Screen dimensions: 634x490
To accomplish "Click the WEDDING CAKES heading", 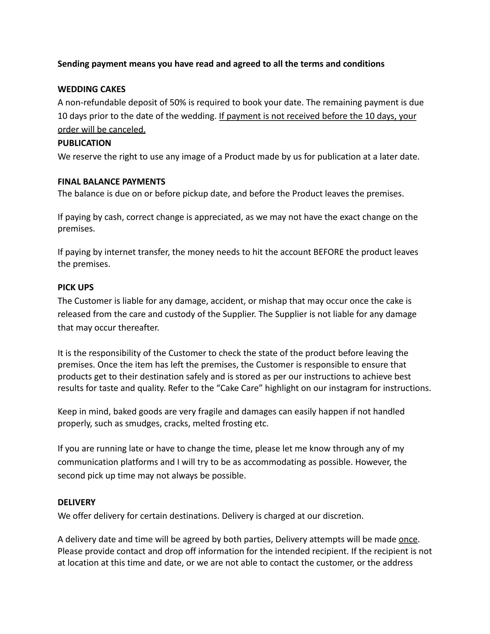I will pyautogui.click(x=91, y=89).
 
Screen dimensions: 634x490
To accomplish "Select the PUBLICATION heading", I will pyautogui.click(x=84, y=143).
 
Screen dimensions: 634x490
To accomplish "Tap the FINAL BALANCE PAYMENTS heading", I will pyautogui.click(x=111, y=182).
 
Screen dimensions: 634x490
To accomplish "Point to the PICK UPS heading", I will pyautogui.click(x=76, y=287).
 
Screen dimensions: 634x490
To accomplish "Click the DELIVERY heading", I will pyautogui.click(x=76, y=502).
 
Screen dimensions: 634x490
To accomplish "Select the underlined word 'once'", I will pyautogui.click(x=408, y=539).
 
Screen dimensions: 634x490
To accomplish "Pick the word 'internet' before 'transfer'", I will pyautogui.click(x=120, y=252).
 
